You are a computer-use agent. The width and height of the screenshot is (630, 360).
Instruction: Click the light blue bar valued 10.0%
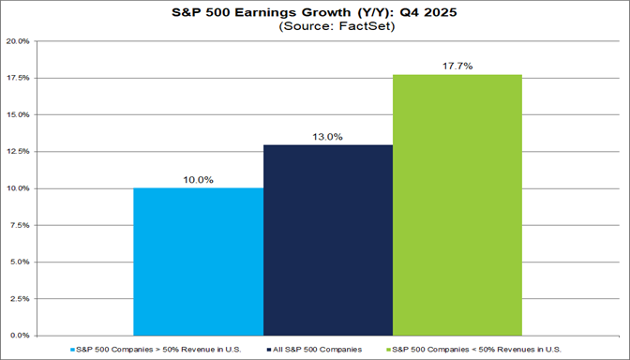tap(199, 262)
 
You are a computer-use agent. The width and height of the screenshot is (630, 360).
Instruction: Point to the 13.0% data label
tap(327, 136)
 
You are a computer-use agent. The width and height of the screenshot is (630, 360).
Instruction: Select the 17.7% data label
tap(457, 66)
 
